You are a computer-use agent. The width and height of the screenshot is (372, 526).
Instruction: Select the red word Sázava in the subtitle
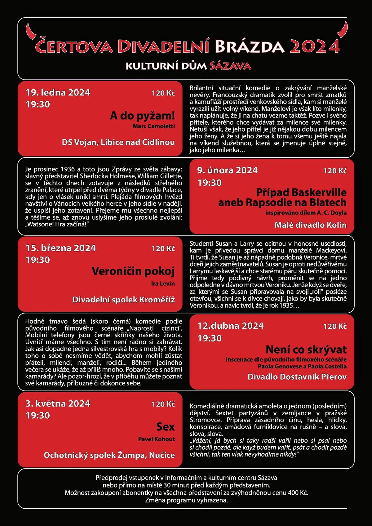tap(230, 66)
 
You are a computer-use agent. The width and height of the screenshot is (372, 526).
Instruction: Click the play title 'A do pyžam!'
tap(142, 116)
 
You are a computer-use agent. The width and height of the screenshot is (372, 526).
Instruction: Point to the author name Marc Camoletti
tap(153, 126)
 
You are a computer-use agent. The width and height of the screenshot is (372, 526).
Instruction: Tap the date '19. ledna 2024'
tap(58, 92)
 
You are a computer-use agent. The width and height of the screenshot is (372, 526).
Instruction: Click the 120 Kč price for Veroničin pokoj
tap(163, 248)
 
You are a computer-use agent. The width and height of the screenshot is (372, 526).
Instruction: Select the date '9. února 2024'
tap(227, 170)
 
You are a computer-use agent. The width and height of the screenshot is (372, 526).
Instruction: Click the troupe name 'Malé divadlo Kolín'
tap(310, 225)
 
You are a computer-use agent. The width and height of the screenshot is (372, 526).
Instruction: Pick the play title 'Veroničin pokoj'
tap(133, 271)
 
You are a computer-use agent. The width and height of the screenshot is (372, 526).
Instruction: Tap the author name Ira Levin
tap(163, 283)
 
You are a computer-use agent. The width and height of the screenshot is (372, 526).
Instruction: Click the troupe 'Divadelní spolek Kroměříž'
tap(123, 300)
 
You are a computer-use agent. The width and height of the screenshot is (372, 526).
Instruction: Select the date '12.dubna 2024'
tap(230, 326)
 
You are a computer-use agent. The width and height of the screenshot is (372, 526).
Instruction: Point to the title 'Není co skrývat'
tap(306, 350)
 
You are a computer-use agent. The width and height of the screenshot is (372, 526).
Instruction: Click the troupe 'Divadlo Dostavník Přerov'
tap(297, 377)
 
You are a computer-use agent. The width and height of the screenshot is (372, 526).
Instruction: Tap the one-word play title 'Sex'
tap(166, 427)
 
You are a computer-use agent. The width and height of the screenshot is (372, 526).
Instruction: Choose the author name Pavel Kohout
tap(156, 439)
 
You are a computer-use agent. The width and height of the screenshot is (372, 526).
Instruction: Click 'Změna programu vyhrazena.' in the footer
tap(186, 500)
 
